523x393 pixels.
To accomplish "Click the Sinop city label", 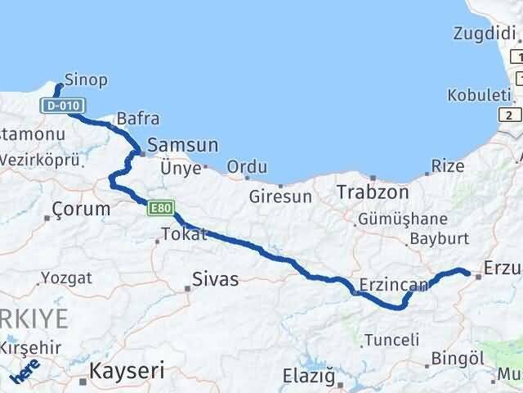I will coord(86,80).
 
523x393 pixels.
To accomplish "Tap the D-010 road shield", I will coord(62,106).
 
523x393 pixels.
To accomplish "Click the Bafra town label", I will coord(138,119).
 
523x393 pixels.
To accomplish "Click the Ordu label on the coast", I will coord(246,167).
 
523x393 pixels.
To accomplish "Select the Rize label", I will coord(447,167).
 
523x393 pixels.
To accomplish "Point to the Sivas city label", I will coord(215,280).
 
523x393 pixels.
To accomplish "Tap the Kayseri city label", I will coord(127,370).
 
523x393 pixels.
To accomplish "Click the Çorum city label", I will coord(81,209).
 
